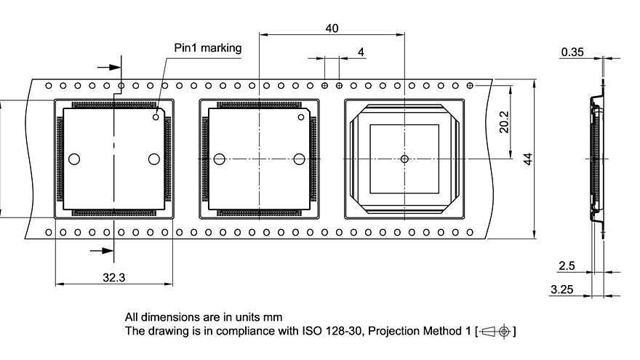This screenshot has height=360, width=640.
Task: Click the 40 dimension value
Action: (x=332, y=28)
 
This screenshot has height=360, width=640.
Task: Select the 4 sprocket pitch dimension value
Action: (x=361, y=52)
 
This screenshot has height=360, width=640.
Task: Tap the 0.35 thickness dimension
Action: (x=572, y=52)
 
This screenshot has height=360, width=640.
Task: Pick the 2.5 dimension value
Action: (x=568, y=267)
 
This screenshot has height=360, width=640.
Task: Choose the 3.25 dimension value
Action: (x=563, y=289)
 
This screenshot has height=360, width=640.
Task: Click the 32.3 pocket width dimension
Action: (x=114, y=276)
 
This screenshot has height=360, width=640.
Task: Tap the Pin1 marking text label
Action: (x=207, y=48)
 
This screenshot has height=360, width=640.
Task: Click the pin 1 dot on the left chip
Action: (x=156, y=116)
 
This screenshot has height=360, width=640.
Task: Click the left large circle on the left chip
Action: (x=73, y=159)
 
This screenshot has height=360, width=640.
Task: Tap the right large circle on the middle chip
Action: (x=299, y=159)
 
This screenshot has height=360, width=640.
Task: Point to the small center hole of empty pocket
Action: (x=404, y=159)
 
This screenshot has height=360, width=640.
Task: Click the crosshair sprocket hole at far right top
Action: (x=471, y=86)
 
